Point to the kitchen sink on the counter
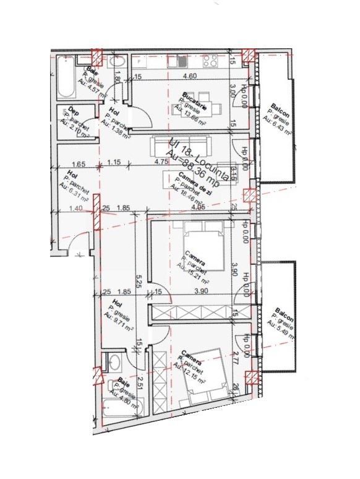181,61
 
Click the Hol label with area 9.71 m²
114,304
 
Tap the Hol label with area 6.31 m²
73,175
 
